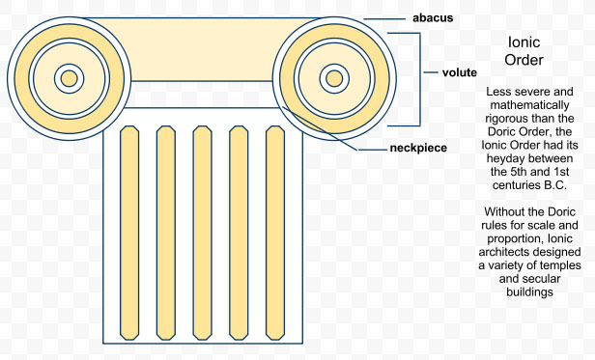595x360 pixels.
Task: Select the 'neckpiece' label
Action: (419, 150)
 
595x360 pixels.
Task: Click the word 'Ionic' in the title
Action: (524, 42)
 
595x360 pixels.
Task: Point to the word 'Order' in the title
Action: (524, 60)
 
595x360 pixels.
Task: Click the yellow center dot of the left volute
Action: (70, 77)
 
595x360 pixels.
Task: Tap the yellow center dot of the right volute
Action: (333, 77)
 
